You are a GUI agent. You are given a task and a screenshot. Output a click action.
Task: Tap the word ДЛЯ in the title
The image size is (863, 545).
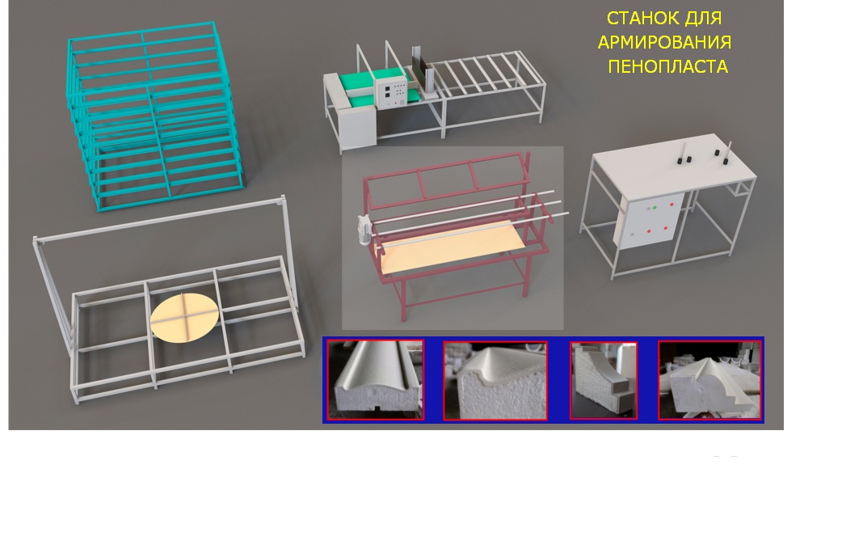coord(703,19)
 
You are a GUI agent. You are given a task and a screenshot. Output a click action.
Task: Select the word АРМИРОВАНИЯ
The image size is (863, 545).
coord(664,42)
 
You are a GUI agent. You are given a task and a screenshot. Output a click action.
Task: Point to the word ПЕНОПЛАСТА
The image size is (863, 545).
coord(668,66)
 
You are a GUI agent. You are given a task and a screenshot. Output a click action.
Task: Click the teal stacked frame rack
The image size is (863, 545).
coord(154,116)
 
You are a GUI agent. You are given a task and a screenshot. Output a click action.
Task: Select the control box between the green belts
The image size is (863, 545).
coord(391,90)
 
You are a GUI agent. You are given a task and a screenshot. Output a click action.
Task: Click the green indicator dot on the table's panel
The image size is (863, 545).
coord(655,208)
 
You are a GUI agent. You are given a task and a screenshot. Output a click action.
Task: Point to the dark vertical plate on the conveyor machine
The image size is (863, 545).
coord(421,69)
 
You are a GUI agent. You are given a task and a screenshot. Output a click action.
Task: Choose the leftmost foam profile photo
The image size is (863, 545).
coord(376,379)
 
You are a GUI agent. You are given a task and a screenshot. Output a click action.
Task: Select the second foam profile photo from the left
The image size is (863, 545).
coord(495,380)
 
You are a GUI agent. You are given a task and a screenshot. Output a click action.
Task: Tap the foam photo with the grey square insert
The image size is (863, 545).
coord(604,380)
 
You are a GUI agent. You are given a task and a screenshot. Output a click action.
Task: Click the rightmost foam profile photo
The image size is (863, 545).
coord(710,380)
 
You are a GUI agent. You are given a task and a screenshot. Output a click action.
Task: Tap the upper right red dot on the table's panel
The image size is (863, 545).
coord(671,205)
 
